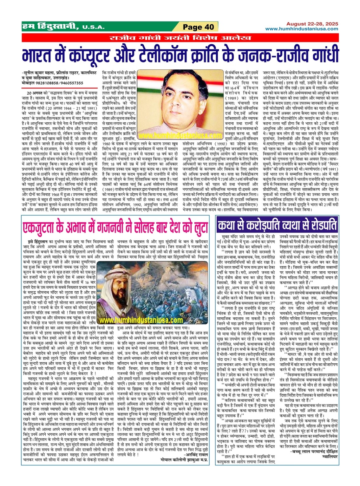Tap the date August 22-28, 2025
312,24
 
